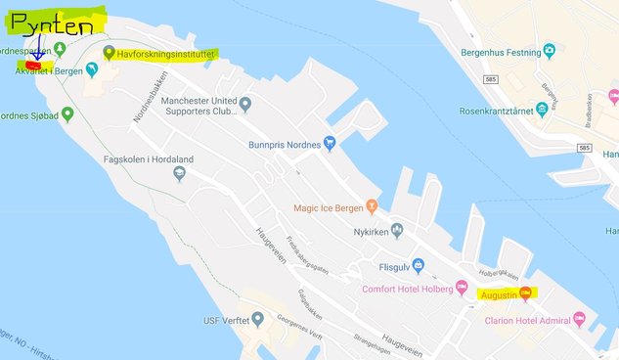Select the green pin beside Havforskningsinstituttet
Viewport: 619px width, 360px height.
click(x=109, y=52)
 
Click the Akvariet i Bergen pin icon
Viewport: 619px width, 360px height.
click(x=92, y=69)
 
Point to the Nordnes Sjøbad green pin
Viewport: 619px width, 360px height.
click(x=67, y=114)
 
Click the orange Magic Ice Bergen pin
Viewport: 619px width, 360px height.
click(x=372, y=207)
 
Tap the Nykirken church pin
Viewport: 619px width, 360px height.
click(x=397, y=231)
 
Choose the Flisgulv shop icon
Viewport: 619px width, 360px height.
click(x=418, y=265)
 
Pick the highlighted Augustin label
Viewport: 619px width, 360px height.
click(x=499, y=293)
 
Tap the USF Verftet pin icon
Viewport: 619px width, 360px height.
click(x=257, y=319)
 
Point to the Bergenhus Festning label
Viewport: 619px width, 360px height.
click(x=500, y=51)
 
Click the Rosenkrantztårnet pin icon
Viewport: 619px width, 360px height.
click(x=542, y=111)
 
